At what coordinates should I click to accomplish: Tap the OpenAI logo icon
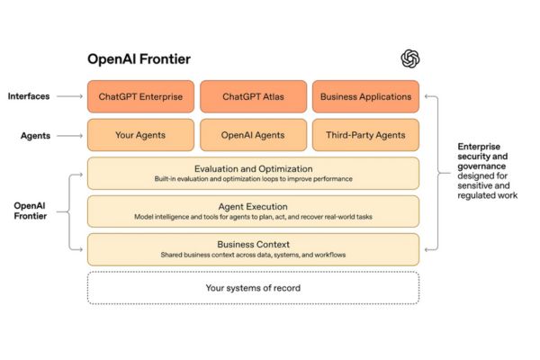click(410, 58)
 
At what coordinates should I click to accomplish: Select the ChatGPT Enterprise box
click(140, 96)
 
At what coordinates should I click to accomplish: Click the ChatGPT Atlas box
click(253, 96)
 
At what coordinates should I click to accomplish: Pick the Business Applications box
click(365, 96)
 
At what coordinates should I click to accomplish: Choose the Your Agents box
click(140, 135)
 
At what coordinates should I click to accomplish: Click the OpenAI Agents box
click(253, 135)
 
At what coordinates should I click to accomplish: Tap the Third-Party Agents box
click(365, 135)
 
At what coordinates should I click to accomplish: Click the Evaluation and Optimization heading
click(253, 168)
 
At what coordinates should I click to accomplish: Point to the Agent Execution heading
click(253, 206)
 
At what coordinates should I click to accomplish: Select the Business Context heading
click(253, 244)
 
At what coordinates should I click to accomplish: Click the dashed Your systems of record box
click(253, 287)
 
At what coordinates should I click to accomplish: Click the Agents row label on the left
click(35, 135)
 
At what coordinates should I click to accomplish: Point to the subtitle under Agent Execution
click(253, 217)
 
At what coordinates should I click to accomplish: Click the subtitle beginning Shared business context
click(253, 255)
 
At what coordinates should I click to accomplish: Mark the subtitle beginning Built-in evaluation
click(253, 179)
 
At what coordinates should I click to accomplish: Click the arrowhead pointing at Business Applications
click(427, 96)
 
